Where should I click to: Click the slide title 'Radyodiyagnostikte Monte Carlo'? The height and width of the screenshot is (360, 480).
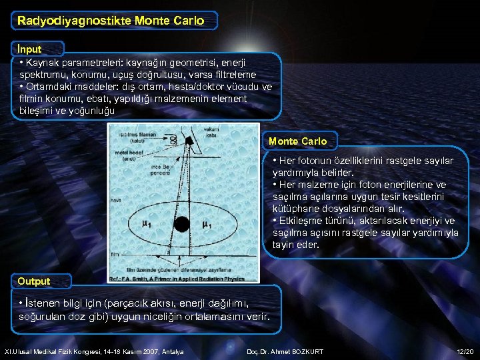coord(111,21)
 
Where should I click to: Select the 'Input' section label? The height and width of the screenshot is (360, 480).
coord(30,49)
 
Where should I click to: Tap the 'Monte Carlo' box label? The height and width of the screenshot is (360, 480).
coord(297,141)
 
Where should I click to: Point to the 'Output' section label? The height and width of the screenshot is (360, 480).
coord(33,281)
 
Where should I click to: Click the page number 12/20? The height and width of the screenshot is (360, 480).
coord(465,351)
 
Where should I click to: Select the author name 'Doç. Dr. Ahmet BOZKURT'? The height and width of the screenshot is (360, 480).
coord(285,351)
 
